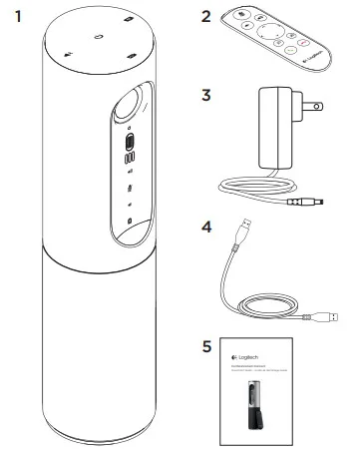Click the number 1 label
click(x=15, y=17)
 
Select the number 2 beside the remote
click(x=206, y=17)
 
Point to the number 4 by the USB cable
click(x=206, y=227)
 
